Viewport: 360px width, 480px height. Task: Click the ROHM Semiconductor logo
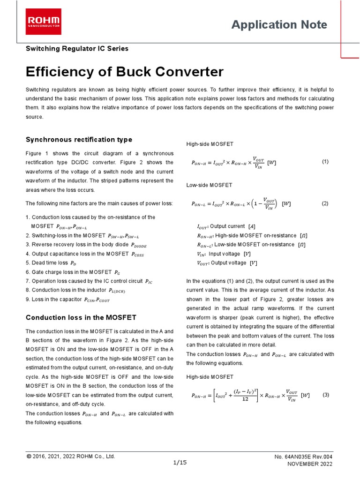click(43, 22)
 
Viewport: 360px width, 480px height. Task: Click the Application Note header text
click(279, 25)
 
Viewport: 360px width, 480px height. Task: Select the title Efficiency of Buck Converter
click(125, 72)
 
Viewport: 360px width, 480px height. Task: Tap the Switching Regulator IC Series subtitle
click(77, 48)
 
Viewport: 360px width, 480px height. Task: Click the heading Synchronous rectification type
click(79, 140)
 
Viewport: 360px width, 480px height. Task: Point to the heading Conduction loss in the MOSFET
click(81, 317)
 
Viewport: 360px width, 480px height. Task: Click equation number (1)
click(325, 161)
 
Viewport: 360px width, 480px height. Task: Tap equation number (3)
click(326, 395)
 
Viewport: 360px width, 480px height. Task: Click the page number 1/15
click(180, 462)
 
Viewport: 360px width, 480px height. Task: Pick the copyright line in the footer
click(71, 456)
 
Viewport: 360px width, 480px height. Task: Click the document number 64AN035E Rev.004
click(304, 457)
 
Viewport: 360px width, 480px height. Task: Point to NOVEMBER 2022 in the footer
click(309, 464)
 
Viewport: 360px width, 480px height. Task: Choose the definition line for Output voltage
click(227, 263)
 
